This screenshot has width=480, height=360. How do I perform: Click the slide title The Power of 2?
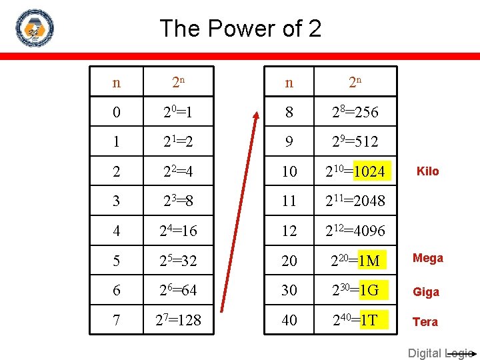click(240, 28)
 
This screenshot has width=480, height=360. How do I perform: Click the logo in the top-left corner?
click(34, 28)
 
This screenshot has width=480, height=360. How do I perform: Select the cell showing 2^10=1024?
click(355, 171)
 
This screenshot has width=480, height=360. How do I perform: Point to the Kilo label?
click(427, 171)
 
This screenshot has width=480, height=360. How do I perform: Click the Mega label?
click(427, 258)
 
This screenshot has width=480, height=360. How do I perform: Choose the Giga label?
click(425, 291)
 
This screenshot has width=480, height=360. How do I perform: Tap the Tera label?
click(425, 321)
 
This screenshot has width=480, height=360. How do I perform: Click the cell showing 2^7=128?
click(178, 321)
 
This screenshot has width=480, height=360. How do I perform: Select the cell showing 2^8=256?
click(355, 113)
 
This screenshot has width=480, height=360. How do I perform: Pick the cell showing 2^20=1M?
click(355, 261)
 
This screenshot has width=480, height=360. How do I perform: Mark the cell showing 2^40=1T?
click(355, 321)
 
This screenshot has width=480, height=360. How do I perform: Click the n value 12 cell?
click(289, 231)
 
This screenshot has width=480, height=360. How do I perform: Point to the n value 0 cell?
click(117, 113)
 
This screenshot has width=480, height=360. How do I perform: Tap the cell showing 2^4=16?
click(178, 231)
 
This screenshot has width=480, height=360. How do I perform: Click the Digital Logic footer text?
click(440, 353)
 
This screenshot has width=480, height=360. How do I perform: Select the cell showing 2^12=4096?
click(355, 231)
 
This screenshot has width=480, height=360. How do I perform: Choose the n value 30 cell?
click(289, 291)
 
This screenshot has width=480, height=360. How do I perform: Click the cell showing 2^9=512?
click(355, 141)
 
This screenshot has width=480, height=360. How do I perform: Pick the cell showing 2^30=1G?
click(355, 291)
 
